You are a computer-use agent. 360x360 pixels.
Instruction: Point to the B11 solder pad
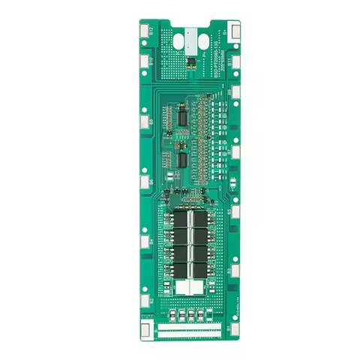(236, 61)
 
